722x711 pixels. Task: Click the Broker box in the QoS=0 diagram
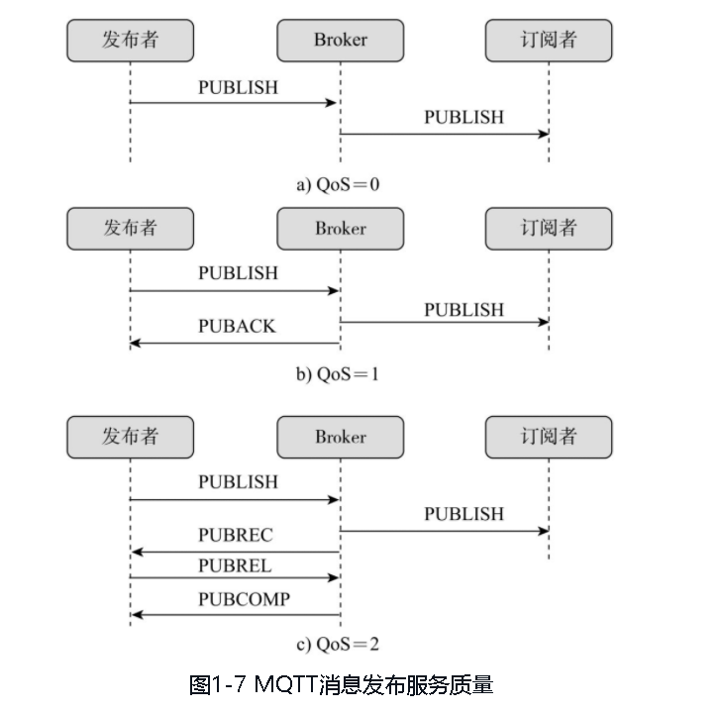coord(340,40)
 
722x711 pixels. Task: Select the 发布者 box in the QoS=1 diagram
coord(131,229)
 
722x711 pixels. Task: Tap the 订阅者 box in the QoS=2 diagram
coord(549,437)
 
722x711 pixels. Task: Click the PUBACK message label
coord(237,326)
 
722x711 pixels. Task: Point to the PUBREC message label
coord(236,535)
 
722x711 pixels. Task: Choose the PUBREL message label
coord(235,566)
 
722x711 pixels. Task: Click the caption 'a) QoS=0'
coord(338,184)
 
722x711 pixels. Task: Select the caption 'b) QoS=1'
coord(338,374)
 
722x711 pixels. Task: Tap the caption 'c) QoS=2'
coord(338,644)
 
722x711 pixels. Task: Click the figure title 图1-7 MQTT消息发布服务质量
coord(341,684)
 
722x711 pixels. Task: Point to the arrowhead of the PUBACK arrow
coord(135,343)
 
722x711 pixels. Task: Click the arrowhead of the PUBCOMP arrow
coord(136,615)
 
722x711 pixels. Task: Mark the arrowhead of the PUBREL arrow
coord(335,577)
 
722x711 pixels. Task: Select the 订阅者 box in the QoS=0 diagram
coord(549,40)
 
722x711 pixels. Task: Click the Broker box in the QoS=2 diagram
coord(340,437)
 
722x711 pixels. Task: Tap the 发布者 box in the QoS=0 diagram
coord(131,40)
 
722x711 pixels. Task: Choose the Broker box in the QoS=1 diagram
coord(340,229)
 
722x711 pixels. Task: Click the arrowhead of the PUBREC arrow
coord(136,552)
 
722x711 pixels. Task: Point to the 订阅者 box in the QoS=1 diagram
coord(549,229)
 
